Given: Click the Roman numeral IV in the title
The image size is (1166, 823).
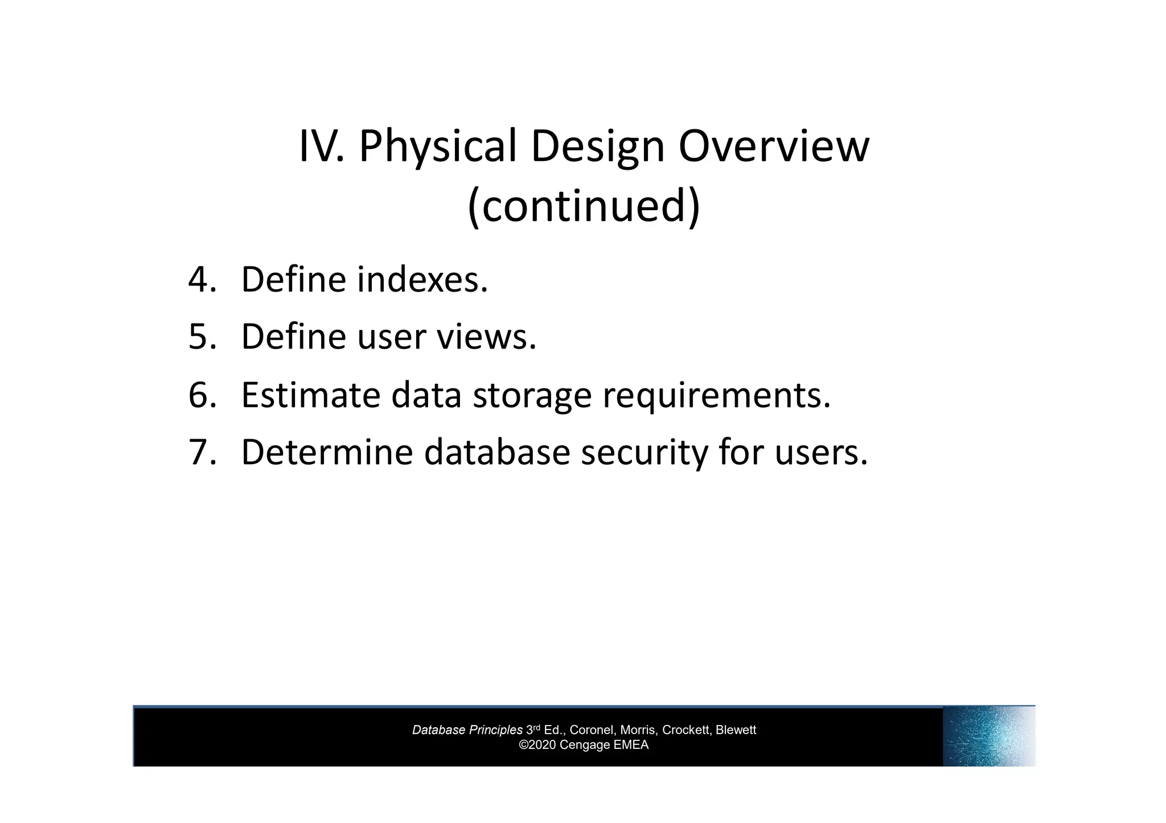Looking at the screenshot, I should pos(320,147).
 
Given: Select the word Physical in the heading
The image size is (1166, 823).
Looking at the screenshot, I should pos(437,147).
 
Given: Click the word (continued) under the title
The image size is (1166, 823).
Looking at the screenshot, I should pos(583,206).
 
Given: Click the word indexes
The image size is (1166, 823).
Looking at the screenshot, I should pos(422,280).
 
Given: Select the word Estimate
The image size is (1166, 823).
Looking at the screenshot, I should pos(310,395).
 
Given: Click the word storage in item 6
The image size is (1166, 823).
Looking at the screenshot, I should pos(532,395).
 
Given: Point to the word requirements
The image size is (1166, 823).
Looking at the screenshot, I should pos(716,395).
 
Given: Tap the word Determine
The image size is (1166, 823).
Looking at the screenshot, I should pos(326,452).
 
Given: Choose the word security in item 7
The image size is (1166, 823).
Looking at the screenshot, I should pos(643,452).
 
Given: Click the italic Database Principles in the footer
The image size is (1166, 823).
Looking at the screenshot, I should pos(467,730).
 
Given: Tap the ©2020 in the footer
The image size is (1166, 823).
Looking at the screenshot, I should pos(537,745).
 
